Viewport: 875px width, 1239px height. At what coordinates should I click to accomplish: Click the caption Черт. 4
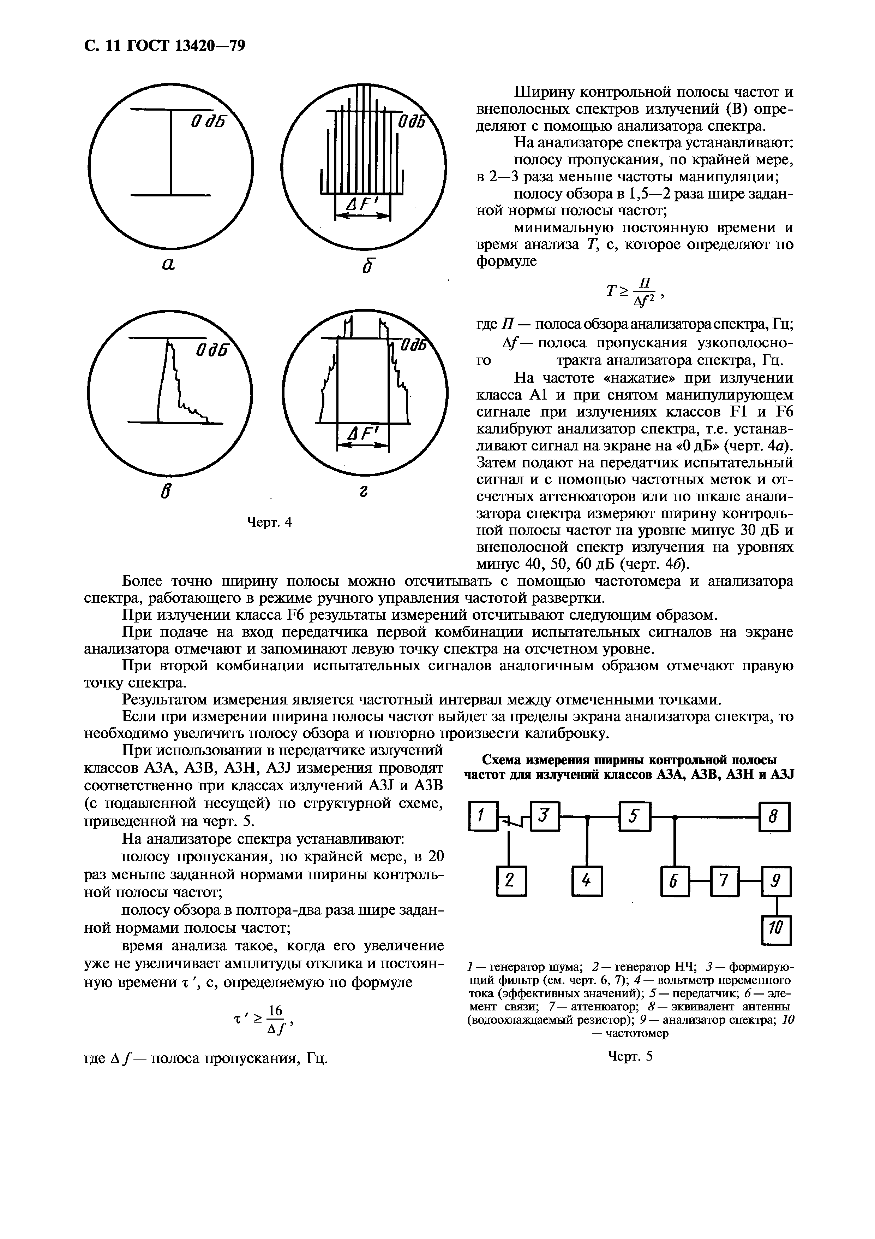269,523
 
